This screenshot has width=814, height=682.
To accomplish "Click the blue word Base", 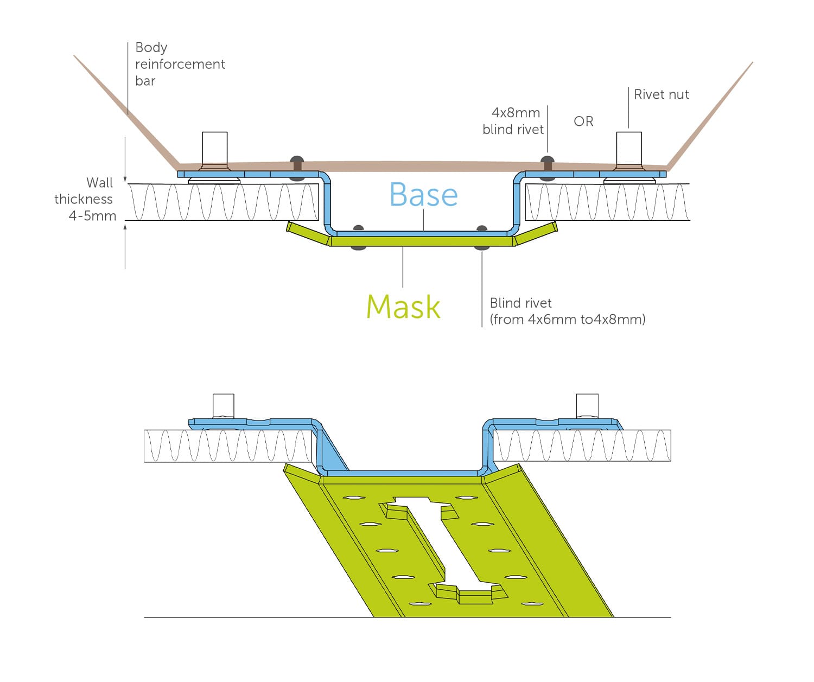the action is pyautogui.click(x=423, y=194).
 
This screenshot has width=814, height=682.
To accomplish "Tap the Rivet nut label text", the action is pyautogui.click(x=661, y=94).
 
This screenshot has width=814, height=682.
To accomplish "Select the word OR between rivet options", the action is pyautogui.click(x=583, y=121).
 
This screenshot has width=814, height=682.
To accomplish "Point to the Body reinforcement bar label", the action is pyautogui.click(x=180, y=64).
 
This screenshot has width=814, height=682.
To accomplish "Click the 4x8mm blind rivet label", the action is pyautogui.click(x=513, y=121).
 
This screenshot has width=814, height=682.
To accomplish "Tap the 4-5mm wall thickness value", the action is pyautogui.click(x=92, y=216).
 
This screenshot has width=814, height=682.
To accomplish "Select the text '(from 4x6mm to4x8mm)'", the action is pyautogui.click(x=567, y=320).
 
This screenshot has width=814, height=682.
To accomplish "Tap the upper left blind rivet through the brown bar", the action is pyautogui.click(x=297, y=168).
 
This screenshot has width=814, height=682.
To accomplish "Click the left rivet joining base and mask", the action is pyautogui.click(x=358, y=238).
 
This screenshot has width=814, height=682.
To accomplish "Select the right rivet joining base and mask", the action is pyautogui.click(x=482, y=238).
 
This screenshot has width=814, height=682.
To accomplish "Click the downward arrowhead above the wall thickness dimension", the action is pyautogui.click(x=125, y=179).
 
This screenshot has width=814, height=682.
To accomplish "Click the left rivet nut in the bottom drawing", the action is pyautogui.click(x=224, y=406).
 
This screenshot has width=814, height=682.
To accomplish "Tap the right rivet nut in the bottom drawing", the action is pyautogui.click(x=587, y=406).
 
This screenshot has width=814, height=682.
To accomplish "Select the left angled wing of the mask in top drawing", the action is pyautogui.click(x=308, y=233).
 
